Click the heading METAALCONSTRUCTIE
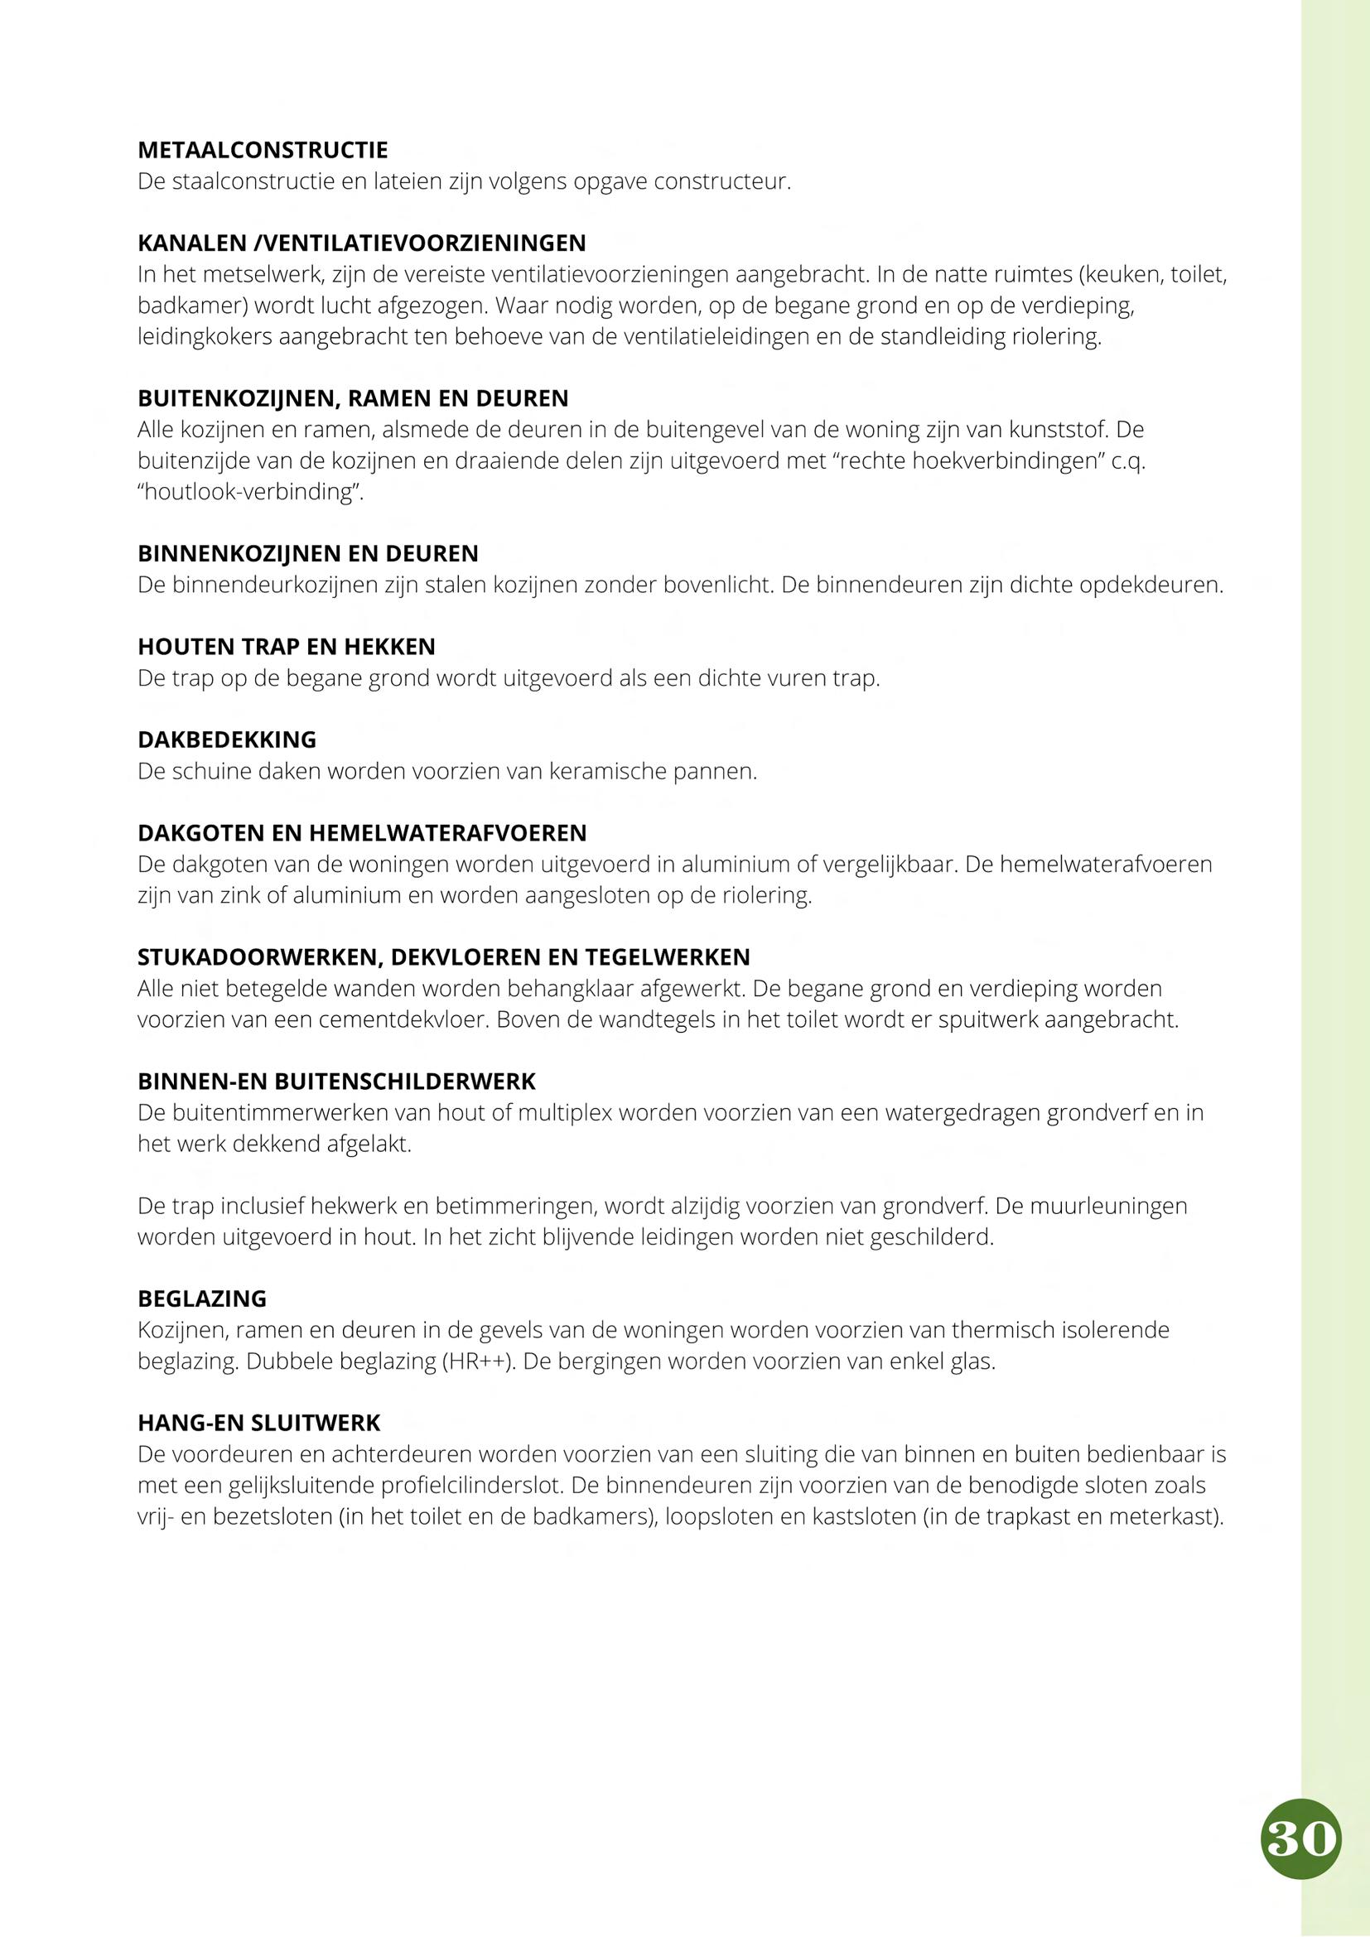pyautogui.click(x=263, y=150)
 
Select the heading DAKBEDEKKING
pyautogui.click(x=227, y=740)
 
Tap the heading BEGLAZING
pyautogui.click(x=201, y=1299)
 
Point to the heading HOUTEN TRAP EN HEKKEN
pyautogui.click(x=286, y=647)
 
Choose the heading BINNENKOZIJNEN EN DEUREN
pyautogui.click(x=308, y=553)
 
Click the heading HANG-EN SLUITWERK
pyautogui.click(x=259, y=1424)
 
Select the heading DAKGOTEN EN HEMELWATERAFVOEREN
pyautogui.click(x=362, y=834)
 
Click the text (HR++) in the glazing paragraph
pyautogui.click(x=477, y=1361)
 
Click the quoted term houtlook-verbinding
pyautogui.click(x=250, y=492)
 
